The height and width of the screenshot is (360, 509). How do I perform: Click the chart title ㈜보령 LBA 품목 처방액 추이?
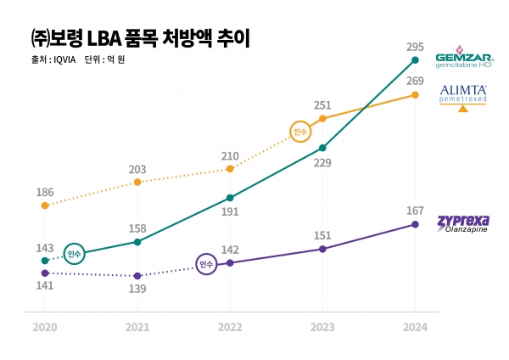pos(133,37)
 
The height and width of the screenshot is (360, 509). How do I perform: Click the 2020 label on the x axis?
pos(45,326)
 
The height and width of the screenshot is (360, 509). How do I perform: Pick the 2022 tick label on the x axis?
pos(230,326)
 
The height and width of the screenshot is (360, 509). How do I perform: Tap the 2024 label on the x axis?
pos(414,326)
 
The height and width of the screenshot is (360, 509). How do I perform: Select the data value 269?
pos(414,80)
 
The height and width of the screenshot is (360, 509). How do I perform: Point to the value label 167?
pos(414,210)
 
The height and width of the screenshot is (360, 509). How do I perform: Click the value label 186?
pos(45,193)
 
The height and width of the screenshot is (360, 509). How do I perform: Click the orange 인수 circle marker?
pos(299,132)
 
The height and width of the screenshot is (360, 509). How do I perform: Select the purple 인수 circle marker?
pos(207,265)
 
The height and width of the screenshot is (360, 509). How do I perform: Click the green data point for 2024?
pos(414,60)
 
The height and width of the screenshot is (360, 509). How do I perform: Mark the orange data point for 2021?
pos(137,182)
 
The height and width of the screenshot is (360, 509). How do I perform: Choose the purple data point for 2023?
pos(322,249)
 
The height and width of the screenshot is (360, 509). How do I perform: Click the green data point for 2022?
pos(230,198)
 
